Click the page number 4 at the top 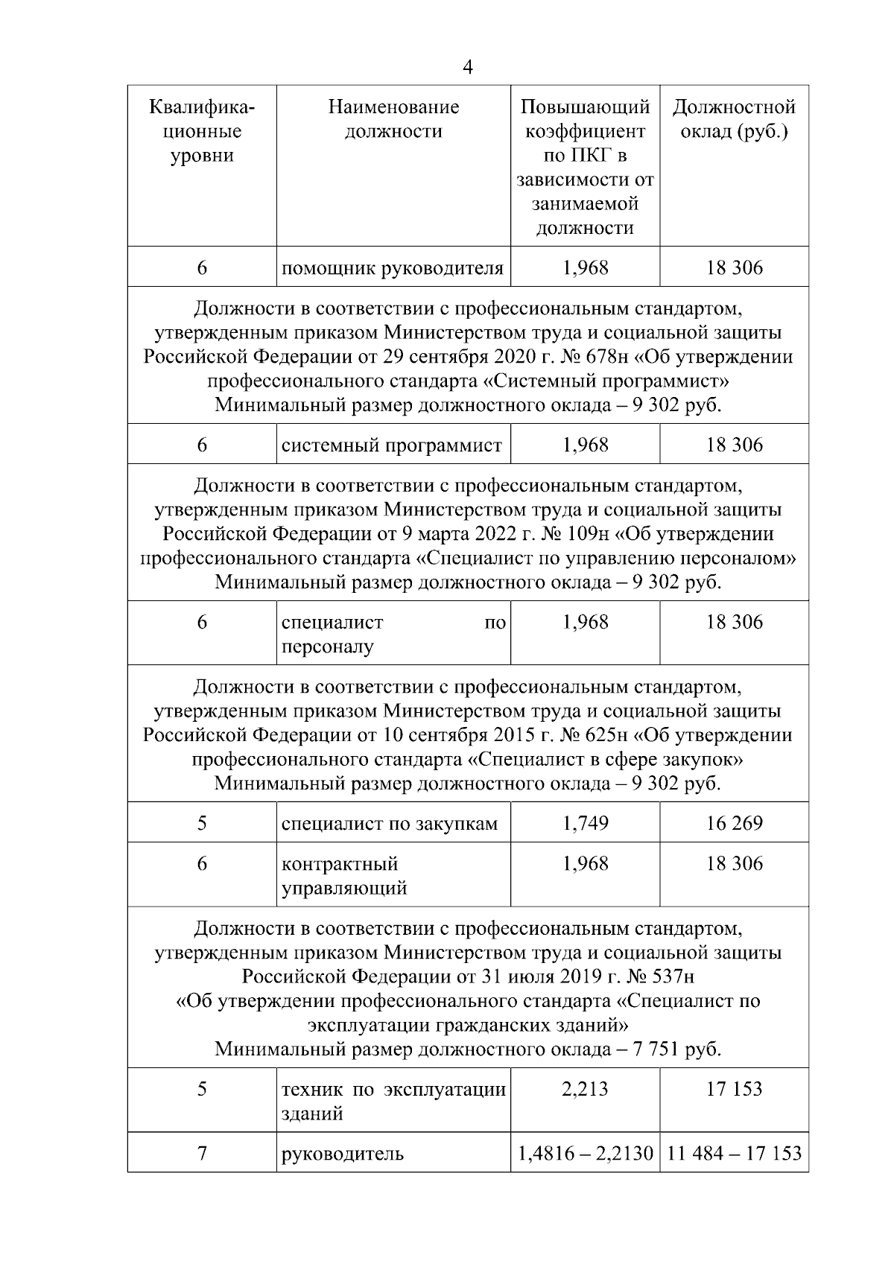[467, 68]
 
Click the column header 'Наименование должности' [393, 119]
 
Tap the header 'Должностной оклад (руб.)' [734, 119]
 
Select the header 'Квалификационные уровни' [202, 131]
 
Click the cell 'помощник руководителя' [393, 268]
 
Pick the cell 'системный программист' [392, 445]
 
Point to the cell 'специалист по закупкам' [390, 824]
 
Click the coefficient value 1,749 [585, 824]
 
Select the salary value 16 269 [734, 824]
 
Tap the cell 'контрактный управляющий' [344, 876]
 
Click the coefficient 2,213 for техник [585, 1090]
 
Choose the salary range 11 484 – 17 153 [734, 1155]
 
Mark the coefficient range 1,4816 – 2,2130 [586, 1155]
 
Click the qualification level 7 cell [202, 1154]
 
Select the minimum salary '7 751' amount [655, 1050]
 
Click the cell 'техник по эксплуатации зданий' [393, 1102]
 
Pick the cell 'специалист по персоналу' [393, 635]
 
